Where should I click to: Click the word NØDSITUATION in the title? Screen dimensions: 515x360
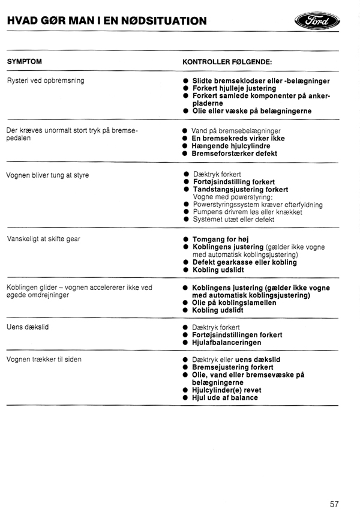[164, 21]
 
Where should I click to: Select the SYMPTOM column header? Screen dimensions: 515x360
[24, 62]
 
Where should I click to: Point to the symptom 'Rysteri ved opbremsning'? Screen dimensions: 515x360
[45, 80]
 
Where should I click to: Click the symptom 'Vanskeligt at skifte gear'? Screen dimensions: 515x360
[43, 239]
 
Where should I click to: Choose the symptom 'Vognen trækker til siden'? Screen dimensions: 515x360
[44, 360]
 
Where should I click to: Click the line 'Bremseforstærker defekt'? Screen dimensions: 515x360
[235, 154]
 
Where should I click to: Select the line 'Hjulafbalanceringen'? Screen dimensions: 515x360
[227, 343]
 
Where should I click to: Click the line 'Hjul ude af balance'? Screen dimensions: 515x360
[225, 398]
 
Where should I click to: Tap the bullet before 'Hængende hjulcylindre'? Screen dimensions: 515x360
[186, 146]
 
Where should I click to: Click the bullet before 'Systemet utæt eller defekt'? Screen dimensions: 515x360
[186, 220]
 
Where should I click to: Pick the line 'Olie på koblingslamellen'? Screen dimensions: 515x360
[234, 303]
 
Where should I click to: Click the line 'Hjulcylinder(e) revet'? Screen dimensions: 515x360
[227, 390]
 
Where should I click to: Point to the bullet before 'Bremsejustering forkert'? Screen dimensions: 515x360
[186, 367]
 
